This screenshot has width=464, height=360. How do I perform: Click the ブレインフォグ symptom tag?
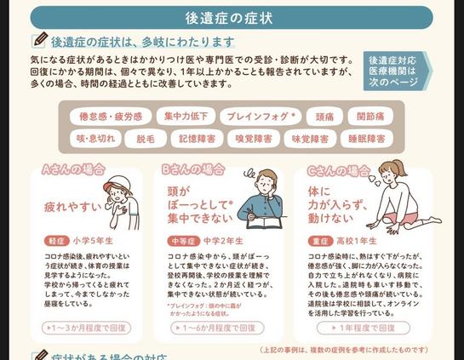click(258, 116)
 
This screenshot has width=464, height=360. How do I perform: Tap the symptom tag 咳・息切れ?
click(95, 138)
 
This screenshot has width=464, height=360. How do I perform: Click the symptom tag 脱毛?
click(146, 138)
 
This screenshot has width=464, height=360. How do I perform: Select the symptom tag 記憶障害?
click(198, 138)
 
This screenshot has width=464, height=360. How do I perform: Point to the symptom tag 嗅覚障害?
click(255, 138)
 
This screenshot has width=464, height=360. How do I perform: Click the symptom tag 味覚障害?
click(311, 138)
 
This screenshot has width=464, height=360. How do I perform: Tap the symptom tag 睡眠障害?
click(367, 138)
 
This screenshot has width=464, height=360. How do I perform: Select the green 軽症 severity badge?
click(55, 241)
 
